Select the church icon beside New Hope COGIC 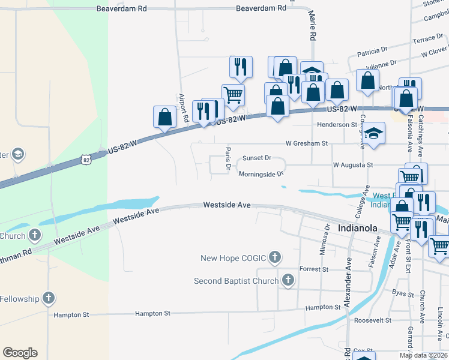pyautogui.click(x=275, y=258)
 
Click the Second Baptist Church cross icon pyautogui.click(x=288, y=280)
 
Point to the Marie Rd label pyautogui.click(x=313, y=26)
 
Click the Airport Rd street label pyautogui.click(x=184, y=108)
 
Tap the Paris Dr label pyautogui.click(x=228, y=158)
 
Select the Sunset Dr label pyautogui.click(x=257, y=158)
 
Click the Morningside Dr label pyautogui.click(x=260, y=174)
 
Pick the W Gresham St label pyautogui.click(x=306, y=144)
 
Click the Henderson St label pyautogui.click(x=337, y=124)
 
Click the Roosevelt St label pyautogui.click(x=372, y=320)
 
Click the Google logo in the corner pyautogui.click(x=20, y=352)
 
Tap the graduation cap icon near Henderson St pyautogui.click(x=373, y=133)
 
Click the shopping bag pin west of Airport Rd pyautogui.click(x=164, y=116)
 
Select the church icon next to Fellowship pyautogui.click(x=49, y=298)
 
